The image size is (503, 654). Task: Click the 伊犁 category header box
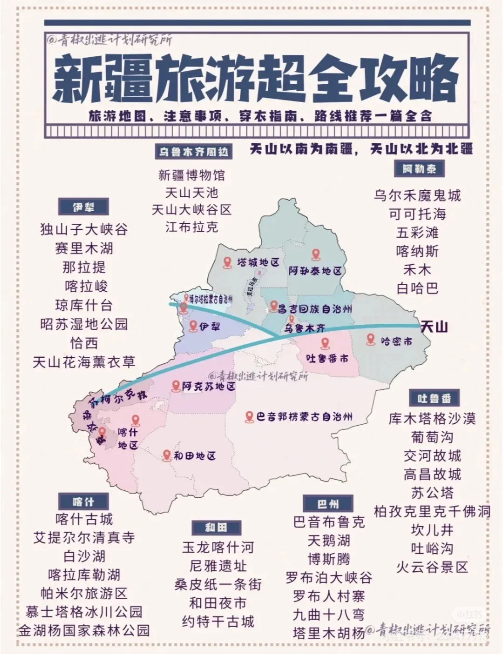click(83, 207)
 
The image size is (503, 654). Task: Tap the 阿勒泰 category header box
click(419, 169)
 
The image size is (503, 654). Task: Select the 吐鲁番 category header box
click(434, 398)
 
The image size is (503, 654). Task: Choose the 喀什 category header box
click(83, 501)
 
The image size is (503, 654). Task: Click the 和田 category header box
click(216, 527)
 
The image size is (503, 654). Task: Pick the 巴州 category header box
click(328, 504)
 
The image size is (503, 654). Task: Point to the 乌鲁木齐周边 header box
click(193, 152)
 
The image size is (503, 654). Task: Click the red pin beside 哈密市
click(371, 339)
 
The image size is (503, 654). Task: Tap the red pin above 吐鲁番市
click(326, 344)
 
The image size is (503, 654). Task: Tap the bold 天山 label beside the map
click(434, 327)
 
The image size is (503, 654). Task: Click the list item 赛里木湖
click(84, 248)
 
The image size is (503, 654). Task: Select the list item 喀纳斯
click(417, 251)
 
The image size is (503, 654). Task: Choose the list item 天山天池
click(191, 193)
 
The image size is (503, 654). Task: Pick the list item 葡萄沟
click(432, 437)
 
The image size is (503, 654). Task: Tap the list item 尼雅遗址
click(218, 566)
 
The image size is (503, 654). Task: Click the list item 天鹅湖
click(329, 541)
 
